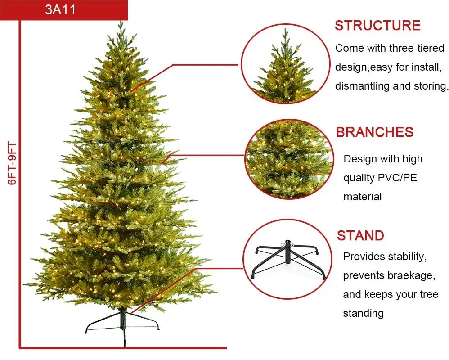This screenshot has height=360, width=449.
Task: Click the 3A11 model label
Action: pyautogui.click(x=60, y=10)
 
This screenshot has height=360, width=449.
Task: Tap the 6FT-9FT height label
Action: pyautogui.click(x=12, y=163)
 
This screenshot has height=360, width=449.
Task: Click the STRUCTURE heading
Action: pyautogui.click(x=377, y=26)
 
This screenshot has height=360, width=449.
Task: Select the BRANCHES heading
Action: pyautogui.click(x=374, y=132)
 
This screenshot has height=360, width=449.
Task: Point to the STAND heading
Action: pyautogui.click(x=360, y=236)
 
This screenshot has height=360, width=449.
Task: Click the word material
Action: pyautogui.click(x=363, y=197)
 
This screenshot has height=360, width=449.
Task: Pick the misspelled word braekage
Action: pyautogui.click(x=404, y=275)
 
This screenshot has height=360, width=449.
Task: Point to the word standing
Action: pyautogui.click(x=363, y=313)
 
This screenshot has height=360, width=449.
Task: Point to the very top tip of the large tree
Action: pyautogui.click(x=121, y=22)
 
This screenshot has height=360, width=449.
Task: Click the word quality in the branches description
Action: pyautogui.click(x=358, y=178)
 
